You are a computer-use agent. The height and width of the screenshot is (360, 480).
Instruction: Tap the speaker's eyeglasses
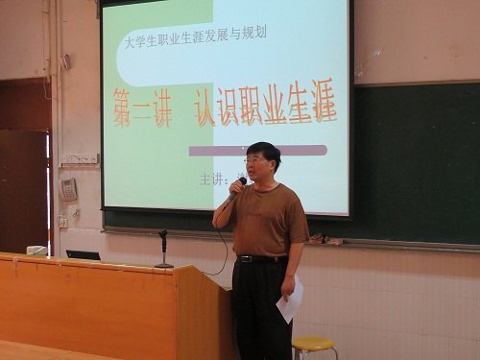click(x=254, y=160)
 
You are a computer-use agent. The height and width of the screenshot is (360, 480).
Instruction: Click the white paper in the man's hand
click(x=288, y=302)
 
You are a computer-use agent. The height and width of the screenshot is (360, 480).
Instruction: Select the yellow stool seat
click(x=313, y=343)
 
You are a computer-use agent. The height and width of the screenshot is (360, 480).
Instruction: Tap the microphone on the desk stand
click(x=163, y=233)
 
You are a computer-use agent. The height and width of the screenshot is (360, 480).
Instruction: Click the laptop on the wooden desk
click(x=83, y=254)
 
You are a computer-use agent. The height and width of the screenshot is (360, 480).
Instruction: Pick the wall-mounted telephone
click(x=69, y=189)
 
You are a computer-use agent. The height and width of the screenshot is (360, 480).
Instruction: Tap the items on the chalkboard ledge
click(x=329, y=239)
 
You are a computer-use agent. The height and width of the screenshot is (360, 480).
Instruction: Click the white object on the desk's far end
click(x=36, y=251)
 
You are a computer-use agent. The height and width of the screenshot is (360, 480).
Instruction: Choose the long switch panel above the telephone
click(x=80, y=158)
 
